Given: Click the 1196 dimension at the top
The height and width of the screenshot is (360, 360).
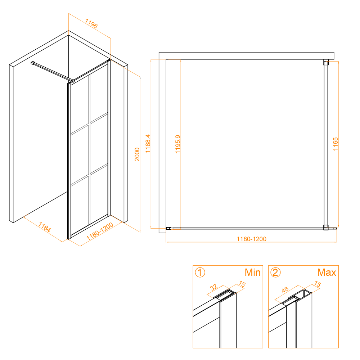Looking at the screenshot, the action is (91, 23).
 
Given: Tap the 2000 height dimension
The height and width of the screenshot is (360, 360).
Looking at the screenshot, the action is (137, 154).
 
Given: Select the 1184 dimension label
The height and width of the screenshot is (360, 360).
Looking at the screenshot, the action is (45, 227).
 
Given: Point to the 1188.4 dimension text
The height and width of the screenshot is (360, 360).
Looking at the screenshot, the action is (148, 144).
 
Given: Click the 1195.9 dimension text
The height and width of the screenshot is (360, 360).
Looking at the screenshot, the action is (178, 144).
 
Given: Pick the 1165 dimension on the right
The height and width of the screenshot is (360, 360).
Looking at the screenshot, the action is (336, 144).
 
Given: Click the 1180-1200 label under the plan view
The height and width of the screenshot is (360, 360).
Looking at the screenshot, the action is (251, 239).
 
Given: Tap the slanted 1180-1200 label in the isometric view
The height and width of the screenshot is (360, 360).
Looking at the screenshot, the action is (100, 231).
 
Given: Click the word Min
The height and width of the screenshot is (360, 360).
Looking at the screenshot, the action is (253, 273).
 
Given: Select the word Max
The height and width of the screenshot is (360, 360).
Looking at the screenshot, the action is (327, 273).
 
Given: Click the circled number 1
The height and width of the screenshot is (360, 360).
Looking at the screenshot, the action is (200, 273).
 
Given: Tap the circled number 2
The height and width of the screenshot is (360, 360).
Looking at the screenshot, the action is (275, 273).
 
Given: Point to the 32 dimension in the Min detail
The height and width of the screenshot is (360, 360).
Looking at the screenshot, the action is (213, 287).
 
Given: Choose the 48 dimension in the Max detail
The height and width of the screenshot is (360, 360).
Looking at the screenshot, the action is (285, 290).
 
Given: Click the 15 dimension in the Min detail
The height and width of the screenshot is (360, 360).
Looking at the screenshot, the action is (242, 284).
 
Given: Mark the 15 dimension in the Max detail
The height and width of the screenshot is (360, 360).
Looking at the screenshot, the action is (317, 284).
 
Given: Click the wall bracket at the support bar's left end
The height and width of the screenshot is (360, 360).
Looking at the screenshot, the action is (33, 63).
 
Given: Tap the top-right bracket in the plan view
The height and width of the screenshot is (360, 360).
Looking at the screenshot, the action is (326, 62).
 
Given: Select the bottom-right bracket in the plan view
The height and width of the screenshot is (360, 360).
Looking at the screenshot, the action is (326, 228).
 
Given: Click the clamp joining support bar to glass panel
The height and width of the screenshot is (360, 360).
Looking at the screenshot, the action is (73, 81).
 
